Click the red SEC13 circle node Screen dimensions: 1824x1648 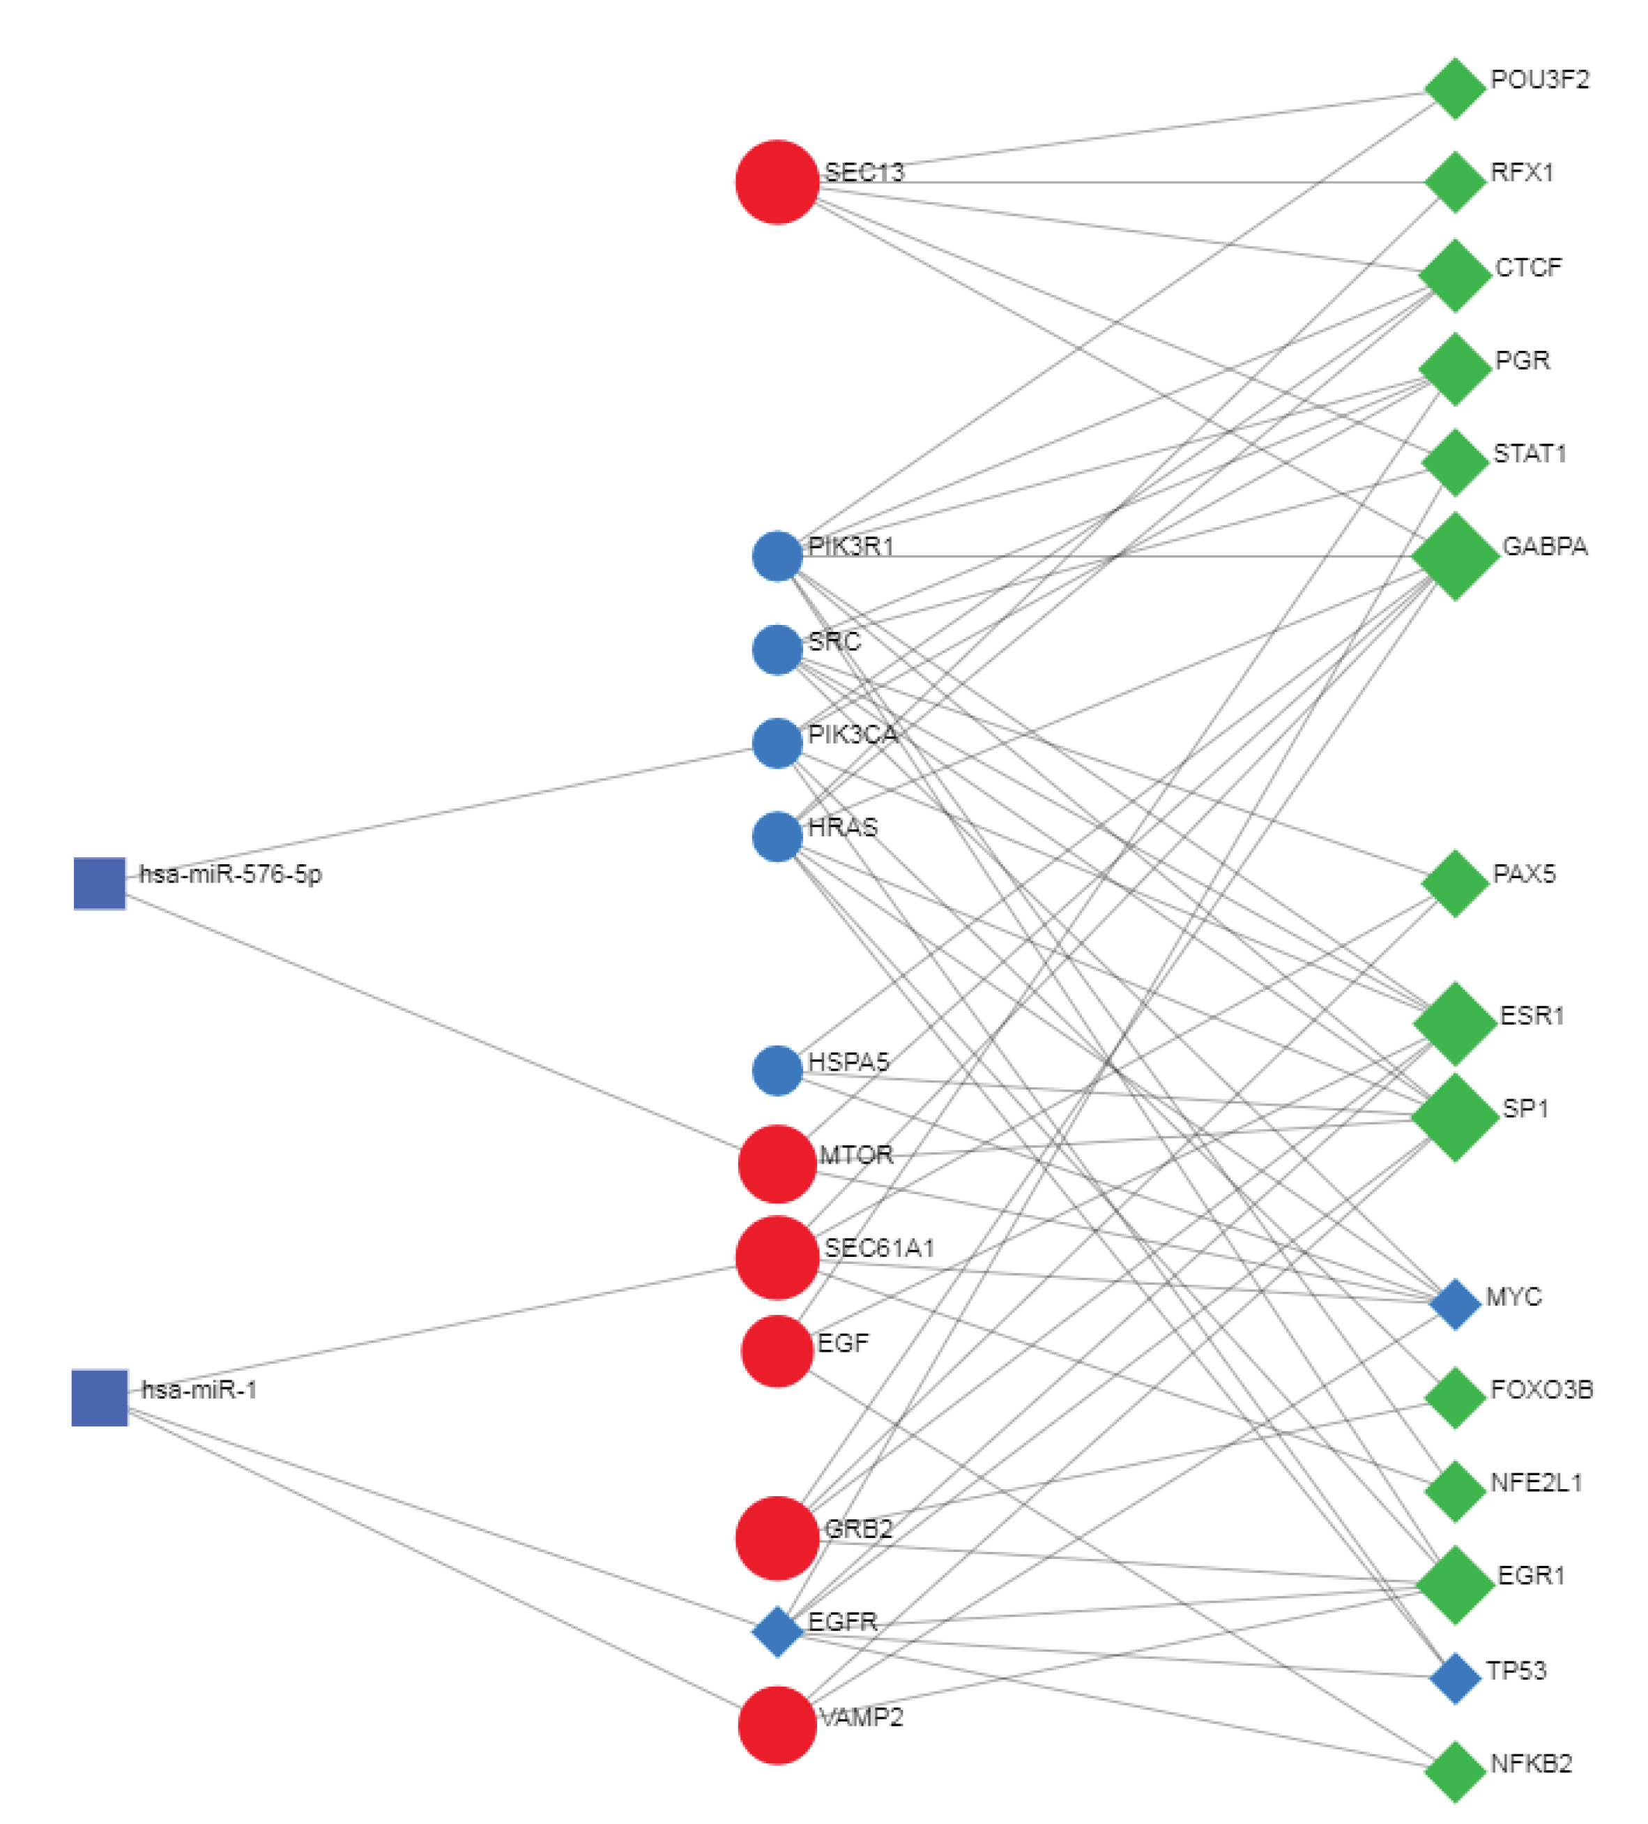tap(777, 182)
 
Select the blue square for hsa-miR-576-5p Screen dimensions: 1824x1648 tap(100, 883)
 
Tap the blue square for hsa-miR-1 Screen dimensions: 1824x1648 tap(100, 1398)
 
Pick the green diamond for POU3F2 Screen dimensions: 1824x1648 tap(1454, 89)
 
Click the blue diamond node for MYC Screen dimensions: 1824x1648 tap(1454, 1304)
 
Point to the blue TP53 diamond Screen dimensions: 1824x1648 tap(1454, 1678)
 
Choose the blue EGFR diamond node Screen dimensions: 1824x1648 tap(777, 1632)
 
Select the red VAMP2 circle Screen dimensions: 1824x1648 tap(777, 1726)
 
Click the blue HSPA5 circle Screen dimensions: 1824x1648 tap(777, 1070)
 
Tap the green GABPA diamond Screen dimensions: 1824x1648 tap(1454, 557)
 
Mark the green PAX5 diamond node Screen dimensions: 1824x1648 tap(1454, 883)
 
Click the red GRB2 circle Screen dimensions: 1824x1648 tap(777, 1538)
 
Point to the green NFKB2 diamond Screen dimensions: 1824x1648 tap(1454, 1772)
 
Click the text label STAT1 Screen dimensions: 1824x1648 tap(1529, 453)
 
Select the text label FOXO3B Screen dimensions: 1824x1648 tap(1541, 1389)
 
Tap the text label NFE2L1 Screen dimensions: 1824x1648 tap(1536, 1482)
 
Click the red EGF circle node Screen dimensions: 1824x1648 tap(777, 1351)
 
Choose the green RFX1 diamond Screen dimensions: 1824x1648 tap(1454, 182)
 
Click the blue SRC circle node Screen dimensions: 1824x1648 tap(777, 649)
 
